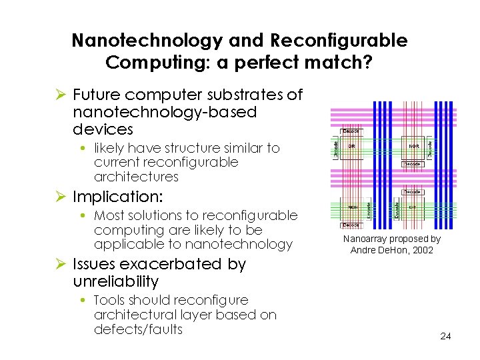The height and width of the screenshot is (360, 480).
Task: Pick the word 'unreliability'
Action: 115,281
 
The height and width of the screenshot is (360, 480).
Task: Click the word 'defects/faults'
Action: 138,329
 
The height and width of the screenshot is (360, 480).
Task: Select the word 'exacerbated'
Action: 173,264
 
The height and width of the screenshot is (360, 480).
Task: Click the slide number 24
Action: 445,336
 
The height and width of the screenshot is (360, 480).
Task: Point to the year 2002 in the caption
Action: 421,250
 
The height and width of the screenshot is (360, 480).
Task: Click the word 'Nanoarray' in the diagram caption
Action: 367,239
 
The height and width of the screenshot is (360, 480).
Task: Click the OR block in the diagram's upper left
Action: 351,145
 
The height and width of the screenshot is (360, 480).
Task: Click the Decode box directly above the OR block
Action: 351,131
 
